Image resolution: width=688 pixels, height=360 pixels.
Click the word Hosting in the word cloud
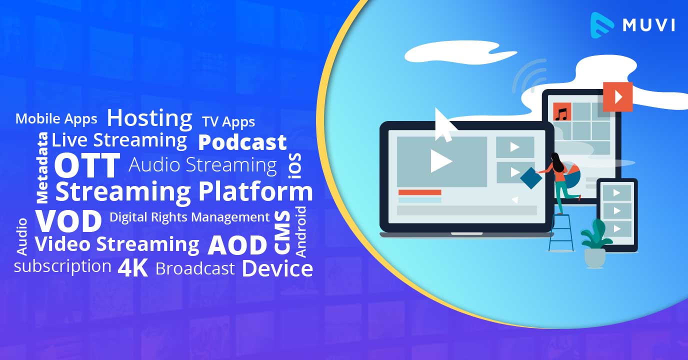(149, 118)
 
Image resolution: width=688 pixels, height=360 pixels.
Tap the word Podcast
(242, 142)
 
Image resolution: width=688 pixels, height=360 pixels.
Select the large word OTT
(87, 165)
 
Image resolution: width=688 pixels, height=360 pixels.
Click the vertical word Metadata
(43, 167)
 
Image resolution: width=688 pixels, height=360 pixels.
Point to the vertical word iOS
(295, 166)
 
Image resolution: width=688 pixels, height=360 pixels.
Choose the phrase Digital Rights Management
(189, 217)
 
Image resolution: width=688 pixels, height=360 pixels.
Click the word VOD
(68, 220)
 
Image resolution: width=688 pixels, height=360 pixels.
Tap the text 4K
(133, 268)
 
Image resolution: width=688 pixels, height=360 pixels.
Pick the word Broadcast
(195, 269)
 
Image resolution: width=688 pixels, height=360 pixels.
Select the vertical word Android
(300, 232)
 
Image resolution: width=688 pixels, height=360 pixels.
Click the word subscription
(62, 266)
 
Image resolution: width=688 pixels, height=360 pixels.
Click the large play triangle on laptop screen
(440, 161)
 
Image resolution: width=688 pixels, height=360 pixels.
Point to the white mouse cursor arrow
(444, 123)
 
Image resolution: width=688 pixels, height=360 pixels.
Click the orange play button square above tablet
(617, 96)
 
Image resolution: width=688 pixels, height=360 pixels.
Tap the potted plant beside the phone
(595, 242)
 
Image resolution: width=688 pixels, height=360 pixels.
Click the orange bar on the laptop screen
(419, 192)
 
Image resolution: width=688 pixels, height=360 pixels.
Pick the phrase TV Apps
(228, 122)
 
